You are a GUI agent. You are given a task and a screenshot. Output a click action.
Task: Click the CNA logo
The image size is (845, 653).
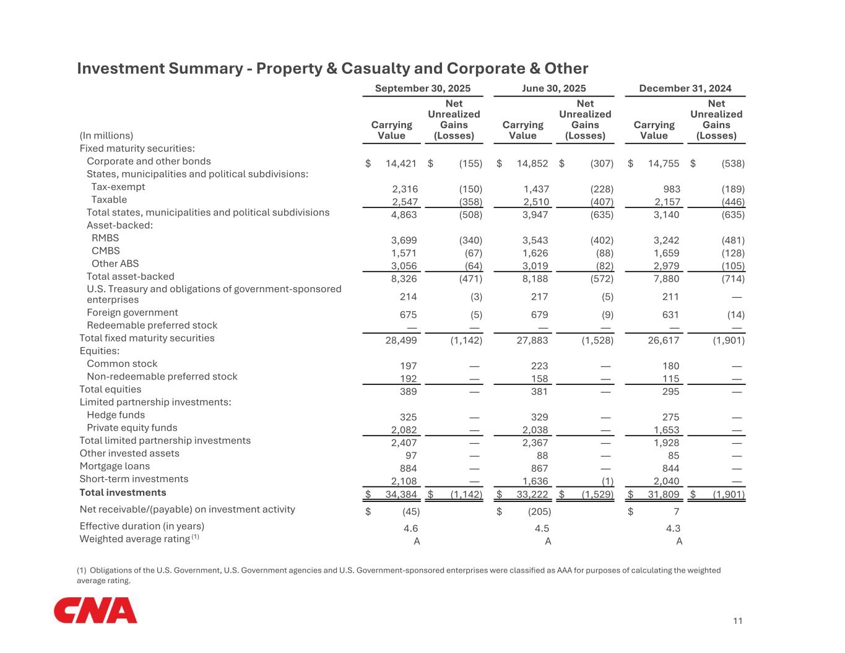(95, 610)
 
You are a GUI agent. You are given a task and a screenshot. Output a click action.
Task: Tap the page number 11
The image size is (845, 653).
(737, 621)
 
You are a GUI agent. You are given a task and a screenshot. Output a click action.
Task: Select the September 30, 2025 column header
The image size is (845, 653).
(423, 89)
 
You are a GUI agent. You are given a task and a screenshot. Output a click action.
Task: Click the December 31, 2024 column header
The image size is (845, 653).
(685, 89)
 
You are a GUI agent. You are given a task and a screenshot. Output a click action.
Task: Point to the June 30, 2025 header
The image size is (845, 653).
(554, 89)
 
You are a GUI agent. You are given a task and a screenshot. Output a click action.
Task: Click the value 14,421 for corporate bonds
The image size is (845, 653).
(401, 163)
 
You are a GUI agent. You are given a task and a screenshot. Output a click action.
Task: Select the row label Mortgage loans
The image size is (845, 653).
(115, 466)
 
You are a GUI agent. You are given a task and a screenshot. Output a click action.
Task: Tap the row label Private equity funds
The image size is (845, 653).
(132, 428)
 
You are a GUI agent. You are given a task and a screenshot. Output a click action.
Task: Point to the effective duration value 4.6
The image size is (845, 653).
(410, 529)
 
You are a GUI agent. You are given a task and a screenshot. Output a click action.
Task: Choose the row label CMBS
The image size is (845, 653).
(106, 251)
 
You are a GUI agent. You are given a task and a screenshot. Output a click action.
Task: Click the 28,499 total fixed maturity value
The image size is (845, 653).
(401, 340)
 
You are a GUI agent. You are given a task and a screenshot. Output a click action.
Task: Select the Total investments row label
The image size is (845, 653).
(123, 493)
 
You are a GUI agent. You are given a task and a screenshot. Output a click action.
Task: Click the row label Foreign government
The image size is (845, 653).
(132, 313)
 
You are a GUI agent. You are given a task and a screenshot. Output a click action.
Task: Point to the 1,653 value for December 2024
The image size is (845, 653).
(667, 430)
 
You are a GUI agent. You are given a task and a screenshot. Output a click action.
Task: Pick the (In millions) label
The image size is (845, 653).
(106, 136)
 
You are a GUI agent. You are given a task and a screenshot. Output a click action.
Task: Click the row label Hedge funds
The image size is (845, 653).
(116, 415)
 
